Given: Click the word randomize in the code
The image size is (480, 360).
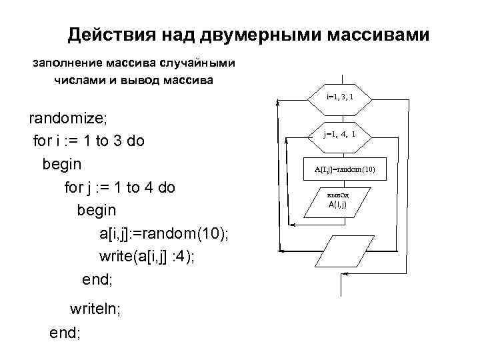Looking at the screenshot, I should point(65,118).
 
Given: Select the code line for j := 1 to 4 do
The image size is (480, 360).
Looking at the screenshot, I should point(119,187).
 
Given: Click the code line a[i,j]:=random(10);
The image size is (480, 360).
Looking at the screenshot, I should point(163,233).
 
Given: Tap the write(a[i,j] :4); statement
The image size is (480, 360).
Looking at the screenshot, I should point(147,257).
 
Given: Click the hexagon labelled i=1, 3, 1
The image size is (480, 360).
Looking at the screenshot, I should point(340,98).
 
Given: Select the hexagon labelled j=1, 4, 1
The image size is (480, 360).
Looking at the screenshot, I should point(340,134).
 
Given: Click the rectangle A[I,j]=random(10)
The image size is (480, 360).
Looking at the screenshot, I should point(345,169).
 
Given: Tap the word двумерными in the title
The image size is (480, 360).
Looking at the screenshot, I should point(244,34).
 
